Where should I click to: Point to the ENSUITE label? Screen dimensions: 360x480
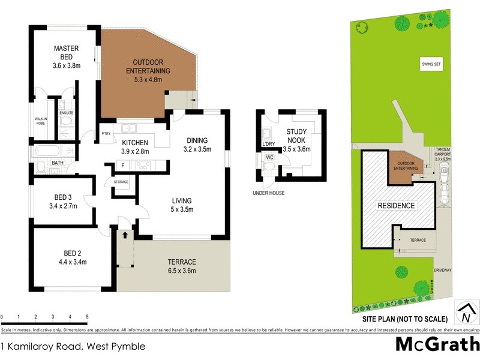tap(66, 112)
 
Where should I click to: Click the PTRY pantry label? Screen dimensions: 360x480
tap(107, 134)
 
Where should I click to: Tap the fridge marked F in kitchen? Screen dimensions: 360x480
tap(122, 165)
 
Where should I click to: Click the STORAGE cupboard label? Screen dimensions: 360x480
tap(121, 182)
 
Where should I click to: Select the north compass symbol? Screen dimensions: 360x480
tap(465, 312)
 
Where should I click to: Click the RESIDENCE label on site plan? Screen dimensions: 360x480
tap(395, 205)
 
